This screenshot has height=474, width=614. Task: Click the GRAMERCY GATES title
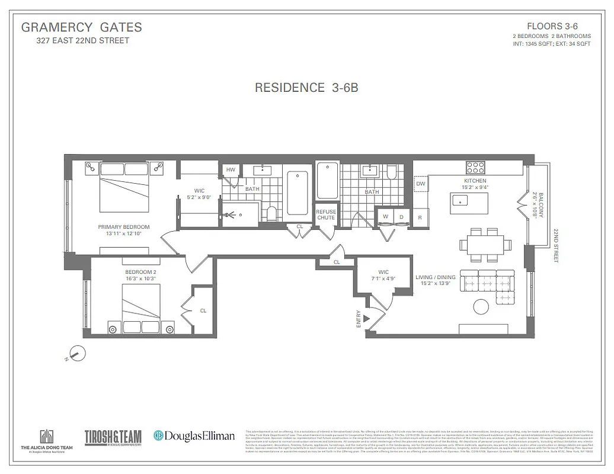pyautogui.click(x=81, y=27)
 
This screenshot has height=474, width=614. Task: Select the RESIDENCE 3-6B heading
pyautogui.click(x=306, y=88)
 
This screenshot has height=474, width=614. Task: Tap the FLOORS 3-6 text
pyautogui.click(x=551, y=26)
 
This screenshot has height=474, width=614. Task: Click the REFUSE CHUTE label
pyautogui.click(x=325, y=214)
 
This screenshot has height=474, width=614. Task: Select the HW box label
pyautogui.click(x=230, y=170)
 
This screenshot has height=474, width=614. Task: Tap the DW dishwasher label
pyautogui.click(x=421, y=184)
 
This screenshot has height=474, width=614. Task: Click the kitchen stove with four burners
pyautogui.click(x=475, y=167)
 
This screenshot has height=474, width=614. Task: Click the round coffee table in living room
pyautogui.click(x=481, y=307)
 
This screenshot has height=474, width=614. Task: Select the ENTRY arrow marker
pyautogui.click(x=366, y=319)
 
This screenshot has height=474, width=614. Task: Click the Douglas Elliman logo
pyautogui.click(x=194, y=435)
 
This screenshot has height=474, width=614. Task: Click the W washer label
pyautogui.click(x=385, y=217)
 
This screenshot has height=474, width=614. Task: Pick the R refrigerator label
pyautogui.click(x=420, y=217)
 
